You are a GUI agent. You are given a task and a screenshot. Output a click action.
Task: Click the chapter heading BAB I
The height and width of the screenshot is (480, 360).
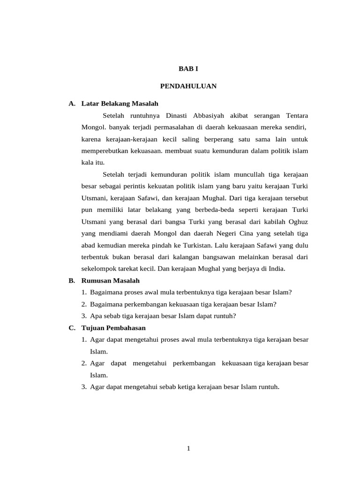(188, 68)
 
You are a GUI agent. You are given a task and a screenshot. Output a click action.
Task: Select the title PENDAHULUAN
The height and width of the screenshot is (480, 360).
(188, 86)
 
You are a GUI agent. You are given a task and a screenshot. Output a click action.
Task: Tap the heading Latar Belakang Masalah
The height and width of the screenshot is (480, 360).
(120, 104)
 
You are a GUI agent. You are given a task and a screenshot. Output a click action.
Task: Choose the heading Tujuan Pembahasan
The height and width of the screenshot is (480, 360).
(114, 328)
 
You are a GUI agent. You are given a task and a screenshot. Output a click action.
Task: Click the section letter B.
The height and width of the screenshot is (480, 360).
(71, 280)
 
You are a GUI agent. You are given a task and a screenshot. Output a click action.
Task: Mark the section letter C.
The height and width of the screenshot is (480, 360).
(71, 328)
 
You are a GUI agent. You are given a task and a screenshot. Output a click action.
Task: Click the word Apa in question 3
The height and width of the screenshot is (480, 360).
(96, 316)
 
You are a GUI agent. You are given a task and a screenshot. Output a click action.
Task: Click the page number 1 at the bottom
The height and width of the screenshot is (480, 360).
(188, 449)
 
